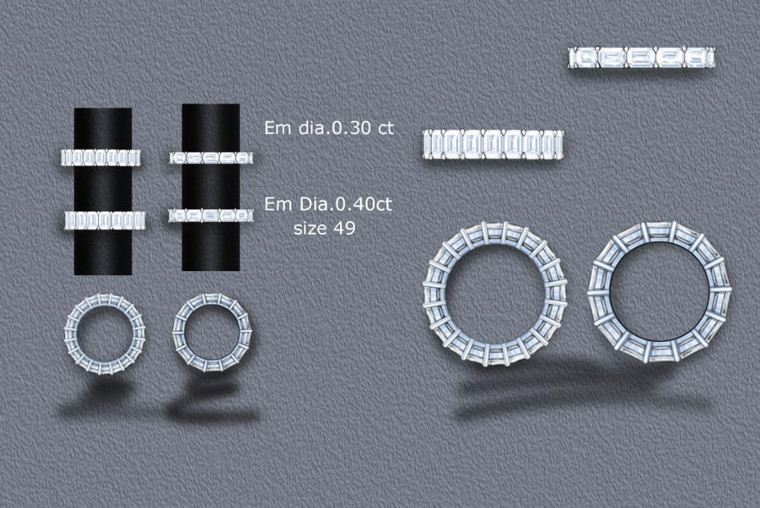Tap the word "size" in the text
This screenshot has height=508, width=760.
309,228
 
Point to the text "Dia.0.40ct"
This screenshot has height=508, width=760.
345,205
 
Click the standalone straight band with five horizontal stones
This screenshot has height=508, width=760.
641,57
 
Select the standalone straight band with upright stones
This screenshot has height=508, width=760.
493,145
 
